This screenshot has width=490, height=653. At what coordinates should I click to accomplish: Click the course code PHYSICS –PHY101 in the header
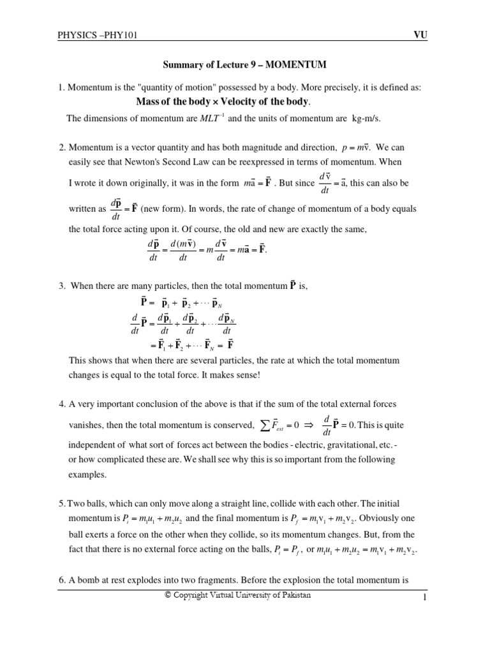[98, 37]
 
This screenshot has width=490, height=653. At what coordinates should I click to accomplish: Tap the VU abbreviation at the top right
[420, 36]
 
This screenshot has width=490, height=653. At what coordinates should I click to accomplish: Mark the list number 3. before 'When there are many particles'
[63, 286]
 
